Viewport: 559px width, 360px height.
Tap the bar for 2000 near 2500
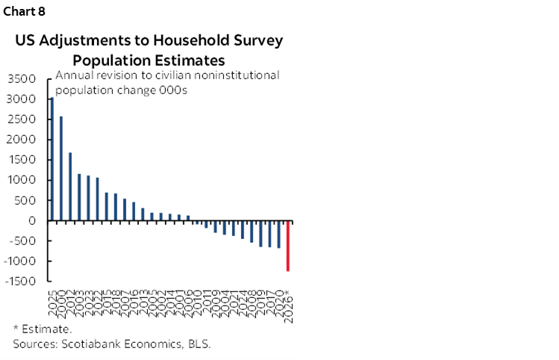[x=60, y=169]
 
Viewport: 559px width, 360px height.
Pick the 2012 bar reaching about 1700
[x=70, y=187]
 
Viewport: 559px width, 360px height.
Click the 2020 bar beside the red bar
[x=279, y=235]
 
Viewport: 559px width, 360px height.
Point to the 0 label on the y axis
[x=32, y=221]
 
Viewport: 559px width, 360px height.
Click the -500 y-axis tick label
[x=23, y=241]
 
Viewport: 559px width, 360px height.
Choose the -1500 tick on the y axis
[x=20, y=282]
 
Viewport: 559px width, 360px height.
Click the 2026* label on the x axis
[x=289, y=302]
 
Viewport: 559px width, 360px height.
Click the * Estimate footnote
[x=43, y=329]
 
